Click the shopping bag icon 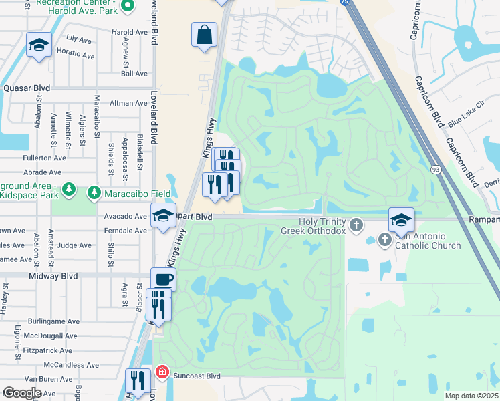click(205, 34)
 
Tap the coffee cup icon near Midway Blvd click(163, 279)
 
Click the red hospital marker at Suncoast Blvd click(162, 371)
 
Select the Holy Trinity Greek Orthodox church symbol click(357, 224)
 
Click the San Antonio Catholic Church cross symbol click(385, 239)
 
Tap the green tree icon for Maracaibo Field click(94, 193)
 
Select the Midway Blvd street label click(53, 275)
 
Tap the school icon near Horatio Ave click(39, 45)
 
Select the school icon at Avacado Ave click(162, 216)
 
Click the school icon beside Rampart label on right click(401, 219)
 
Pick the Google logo click(22, 393)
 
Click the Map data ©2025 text click(471, 396)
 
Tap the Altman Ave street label click(128, 103)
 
